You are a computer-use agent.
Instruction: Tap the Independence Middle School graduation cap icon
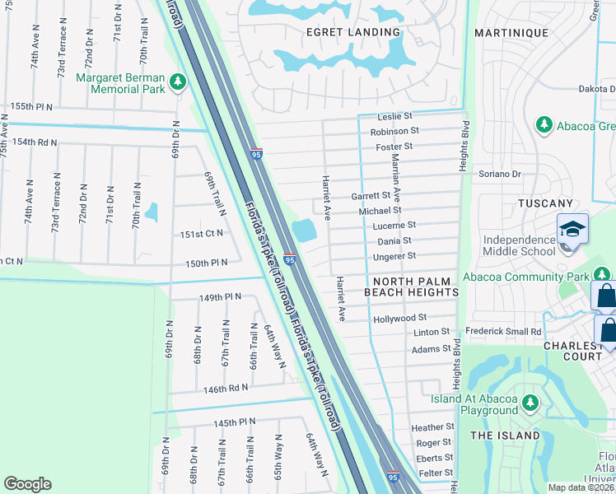click(572, 229)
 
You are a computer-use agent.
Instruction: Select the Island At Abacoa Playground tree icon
click(530, 402)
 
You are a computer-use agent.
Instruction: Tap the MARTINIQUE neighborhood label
click(511, 32)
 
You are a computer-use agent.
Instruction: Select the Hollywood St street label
click(399, 317)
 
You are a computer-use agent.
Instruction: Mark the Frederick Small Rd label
click(503, 332)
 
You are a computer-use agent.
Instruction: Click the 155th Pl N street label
click(31, 107)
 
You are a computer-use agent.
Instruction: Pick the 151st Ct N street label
click(202, 234)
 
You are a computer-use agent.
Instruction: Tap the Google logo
click(28, 484)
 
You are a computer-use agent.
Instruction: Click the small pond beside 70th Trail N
click(151, 212)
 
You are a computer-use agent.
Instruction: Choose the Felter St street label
click(435, 473)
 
